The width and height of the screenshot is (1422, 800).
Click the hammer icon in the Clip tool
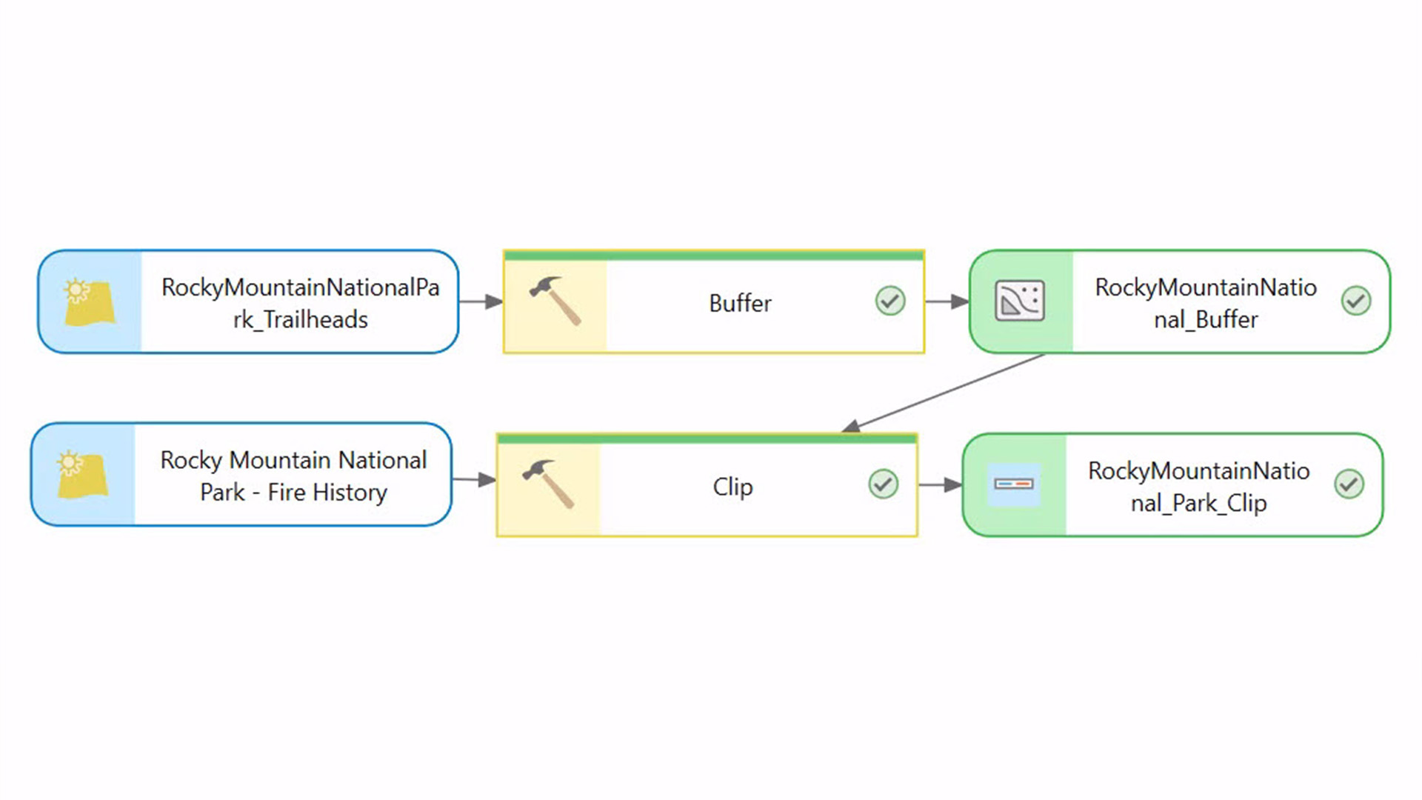click(548, 483)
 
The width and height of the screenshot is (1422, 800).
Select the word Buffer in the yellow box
click(740, 303)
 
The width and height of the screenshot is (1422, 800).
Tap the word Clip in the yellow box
click(732, 487)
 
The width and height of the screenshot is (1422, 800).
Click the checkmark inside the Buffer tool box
click(889, 301)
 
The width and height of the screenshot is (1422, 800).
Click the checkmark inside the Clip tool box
click(883, 484)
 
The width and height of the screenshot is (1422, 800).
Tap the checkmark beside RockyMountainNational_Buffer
click(1355, 301)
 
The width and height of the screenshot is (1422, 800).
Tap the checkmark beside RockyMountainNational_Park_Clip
click(1349, 484)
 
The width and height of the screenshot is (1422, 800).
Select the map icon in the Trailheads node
click(89, 301)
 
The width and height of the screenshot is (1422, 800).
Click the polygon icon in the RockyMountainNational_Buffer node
click(1020, 301)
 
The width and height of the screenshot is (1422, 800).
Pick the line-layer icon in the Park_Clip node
click(1013, 484)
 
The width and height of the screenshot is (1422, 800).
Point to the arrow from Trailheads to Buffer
click(481, 301)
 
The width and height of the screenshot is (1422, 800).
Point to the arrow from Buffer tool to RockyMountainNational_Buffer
click(947, 301)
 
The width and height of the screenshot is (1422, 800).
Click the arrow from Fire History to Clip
click(474, 480)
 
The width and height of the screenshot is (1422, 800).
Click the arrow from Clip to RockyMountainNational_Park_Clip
click(940, 485)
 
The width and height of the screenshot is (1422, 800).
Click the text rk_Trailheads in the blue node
click(300, 319)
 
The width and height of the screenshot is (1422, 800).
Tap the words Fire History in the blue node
click(327, 492)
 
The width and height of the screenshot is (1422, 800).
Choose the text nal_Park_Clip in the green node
click(1198, 503)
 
